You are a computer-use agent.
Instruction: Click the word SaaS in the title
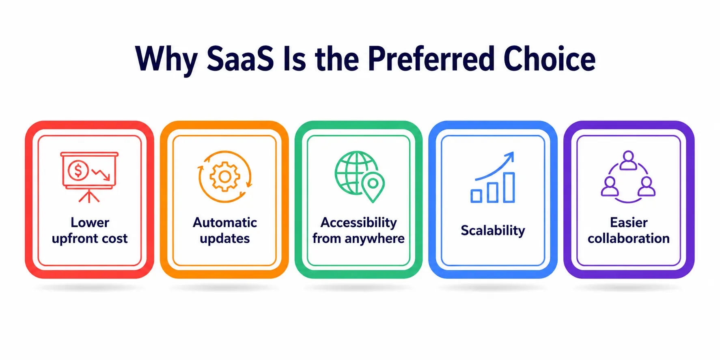240,59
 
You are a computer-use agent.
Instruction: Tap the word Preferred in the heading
431,59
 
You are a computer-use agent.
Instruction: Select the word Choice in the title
550,59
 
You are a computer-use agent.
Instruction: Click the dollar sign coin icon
78,170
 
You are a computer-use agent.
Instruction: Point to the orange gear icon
224,176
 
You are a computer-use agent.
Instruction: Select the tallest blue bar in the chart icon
509,187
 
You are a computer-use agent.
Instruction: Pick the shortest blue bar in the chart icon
476,196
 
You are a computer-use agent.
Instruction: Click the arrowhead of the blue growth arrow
510,156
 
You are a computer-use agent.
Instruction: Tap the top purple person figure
628,160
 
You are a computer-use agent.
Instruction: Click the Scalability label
493,231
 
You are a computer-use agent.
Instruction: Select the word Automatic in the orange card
225,222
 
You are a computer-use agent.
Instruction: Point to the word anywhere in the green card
375,239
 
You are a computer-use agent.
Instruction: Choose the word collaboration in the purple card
629,238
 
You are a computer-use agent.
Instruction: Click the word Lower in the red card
90,222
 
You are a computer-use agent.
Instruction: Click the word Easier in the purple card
629,222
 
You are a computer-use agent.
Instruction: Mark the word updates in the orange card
225,239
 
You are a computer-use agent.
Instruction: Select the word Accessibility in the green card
359,222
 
